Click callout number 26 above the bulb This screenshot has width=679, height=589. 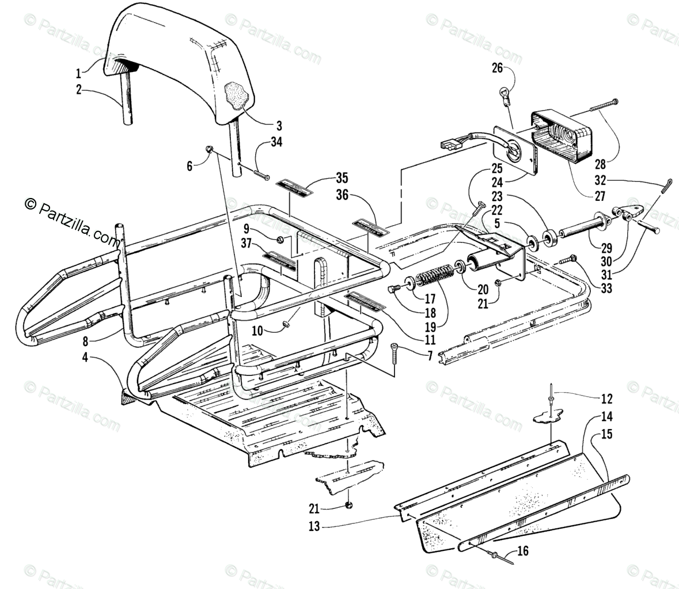pos(496,69)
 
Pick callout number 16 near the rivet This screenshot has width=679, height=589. pos(522,567)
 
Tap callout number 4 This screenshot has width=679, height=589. pos(85,356)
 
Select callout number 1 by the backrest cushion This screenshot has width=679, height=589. pos(79,73)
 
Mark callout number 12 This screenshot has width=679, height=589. pos(607,398)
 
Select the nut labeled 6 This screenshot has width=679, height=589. pos(210,150)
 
